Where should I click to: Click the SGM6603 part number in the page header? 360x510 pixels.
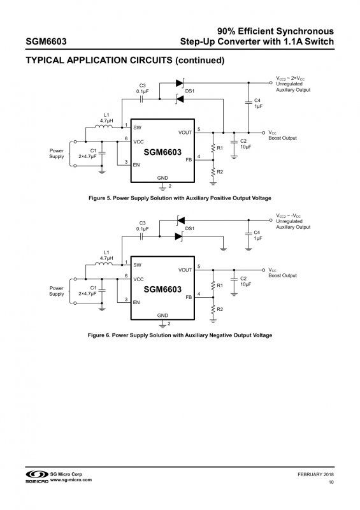tap(46, 41)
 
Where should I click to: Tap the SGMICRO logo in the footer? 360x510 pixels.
tap(37, 477)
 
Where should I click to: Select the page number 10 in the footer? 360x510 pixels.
tap(331, 482)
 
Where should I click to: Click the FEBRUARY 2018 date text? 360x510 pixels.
tap(315, 474)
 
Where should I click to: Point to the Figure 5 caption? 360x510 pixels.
tap(180, 198)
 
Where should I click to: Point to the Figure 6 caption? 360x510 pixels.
tap(180, 335)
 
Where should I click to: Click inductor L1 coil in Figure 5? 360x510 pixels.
tap(104, 126)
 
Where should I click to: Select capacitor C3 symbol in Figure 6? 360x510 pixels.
tap(141, 237)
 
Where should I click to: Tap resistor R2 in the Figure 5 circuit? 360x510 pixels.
tap(213, 172)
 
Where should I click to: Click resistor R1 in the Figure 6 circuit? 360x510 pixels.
tap(213, 286)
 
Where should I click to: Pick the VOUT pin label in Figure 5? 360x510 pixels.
tap(185, 133)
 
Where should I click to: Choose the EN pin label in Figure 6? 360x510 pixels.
tap(136, 302)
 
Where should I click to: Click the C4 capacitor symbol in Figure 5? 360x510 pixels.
tap(248, 102)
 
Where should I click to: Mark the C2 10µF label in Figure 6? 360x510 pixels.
tap(246, 281)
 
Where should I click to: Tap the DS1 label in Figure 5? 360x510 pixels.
tap(190, 91)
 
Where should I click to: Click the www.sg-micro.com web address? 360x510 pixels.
tap(71, 480)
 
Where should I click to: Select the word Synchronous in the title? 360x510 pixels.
tap(305, 31)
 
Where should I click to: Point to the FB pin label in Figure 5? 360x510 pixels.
tap(189, 160)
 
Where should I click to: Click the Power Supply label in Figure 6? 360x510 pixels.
tap(57, 291)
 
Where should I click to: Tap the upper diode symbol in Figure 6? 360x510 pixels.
tap(180, 221)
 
